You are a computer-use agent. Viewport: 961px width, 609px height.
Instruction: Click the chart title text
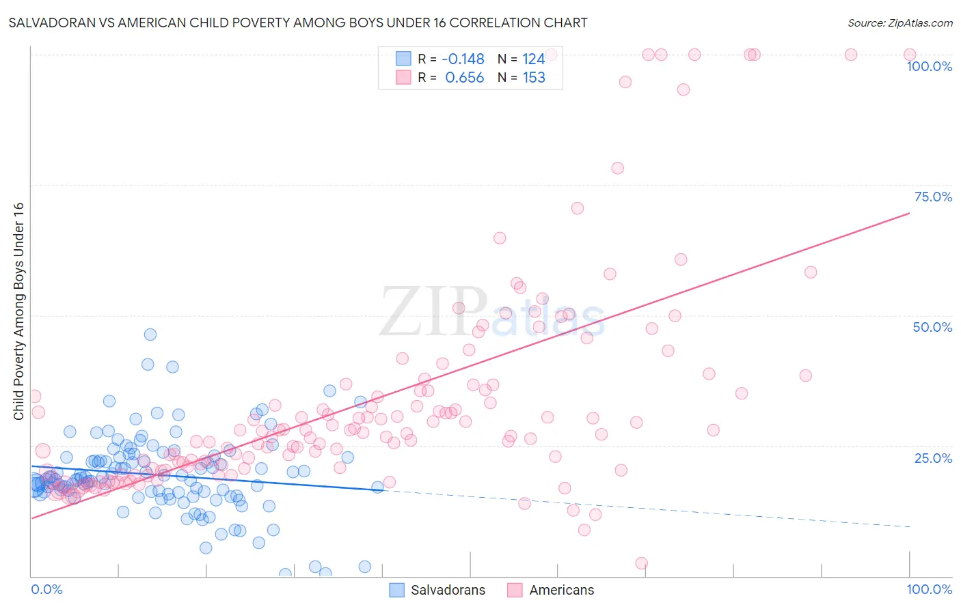click(298, 23)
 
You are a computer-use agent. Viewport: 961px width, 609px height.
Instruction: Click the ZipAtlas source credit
click(899, 23)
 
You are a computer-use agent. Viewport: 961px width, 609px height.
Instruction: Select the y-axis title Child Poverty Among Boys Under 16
click(18, 311)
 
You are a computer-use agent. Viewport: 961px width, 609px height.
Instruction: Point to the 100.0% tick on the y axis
click(929, 66)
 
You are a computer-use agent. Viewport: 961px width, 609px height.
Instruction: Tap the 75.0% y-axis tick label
click(933, 197)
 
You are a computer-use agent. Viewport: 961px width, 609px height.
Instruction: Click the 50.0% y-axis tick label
click(932, 327)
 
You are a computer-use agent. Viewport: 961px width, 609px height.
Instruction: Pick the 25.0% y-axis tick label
click(933, 457)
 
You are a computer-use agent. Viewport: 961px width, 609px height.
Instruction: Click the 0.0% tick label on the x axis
click(46, 589)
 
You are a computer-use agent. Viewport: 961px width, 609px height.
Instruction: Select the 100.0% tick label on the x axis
click(929, 589)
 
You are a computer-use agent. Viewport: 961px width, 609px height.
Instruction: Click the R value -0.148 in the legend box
click(463, 59)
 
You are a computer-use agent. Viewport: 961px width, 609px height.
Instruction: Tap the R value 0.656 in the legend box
click(464, 78)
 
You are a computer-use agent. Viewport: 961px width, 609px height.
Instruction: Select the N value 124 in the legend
click(534, 59)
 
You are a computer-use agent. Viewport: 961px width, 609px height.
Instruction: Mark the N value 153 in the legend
click(534, 78)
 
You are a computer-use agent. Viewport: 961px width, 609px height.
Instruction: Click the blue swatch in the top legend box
click(403, 59)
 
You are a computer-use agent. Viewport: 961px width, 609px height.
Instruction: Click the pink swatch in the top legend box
click(403, 77)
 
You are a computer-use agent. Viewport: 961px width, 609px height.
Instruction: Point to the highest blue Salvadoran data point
click(150, 335)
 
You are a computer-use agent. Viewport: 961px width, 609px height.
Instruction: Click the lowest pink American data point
click(641, 563)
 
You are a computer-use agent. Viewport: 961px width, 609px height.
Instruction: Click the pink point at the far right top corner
click(909, 55)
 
